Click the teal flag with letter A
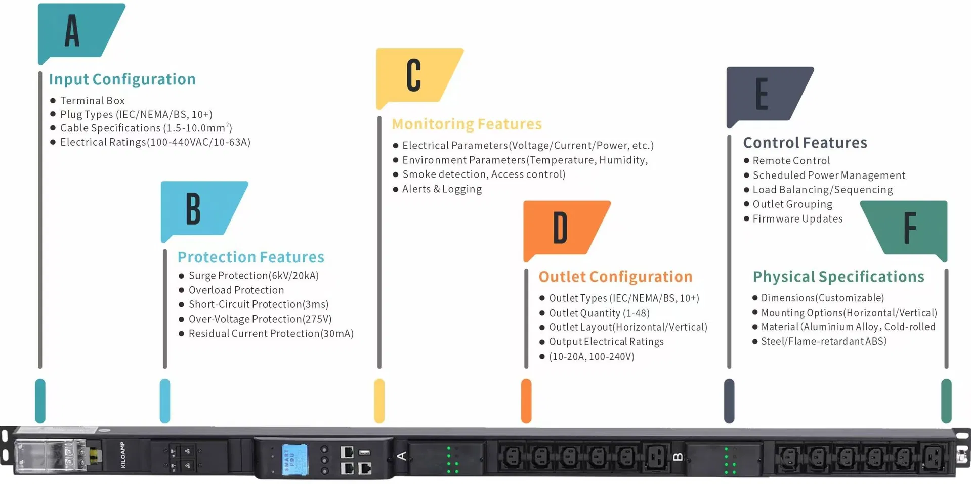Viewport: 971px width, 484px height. (78, 31)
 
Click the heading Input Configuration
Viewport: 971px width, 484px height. (122, 79)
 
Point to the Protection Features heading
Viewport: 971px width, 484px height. (250, 257)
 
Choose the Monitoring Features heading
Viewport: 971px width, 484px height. (467, 124)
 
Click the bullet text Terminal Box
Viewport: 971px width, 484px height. (92, 101)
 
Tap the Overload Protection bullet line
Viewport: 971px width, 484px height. (236, 290)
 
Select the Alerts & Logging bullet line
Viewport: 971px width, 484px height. (442, 189)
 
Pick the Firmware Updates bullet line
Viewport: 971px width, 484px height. (797, 219)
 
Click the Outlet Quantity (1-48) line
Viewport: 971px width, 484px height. (599, 313)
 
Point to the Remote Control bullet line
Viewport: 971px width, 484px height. (791, 161)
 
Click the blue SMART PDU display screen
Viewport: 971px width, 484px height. (294, 459)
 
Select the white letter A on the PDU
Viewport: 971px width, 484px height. (402, 456)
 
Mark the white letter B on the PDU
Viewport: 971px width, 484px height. (678, 457)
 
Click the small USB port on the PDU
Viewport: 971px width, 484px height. (364, 452)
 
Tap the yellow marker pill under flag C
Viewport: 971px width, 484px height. (379, 401)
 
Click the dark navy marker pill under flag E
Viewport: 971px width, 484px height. (729, 401)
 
